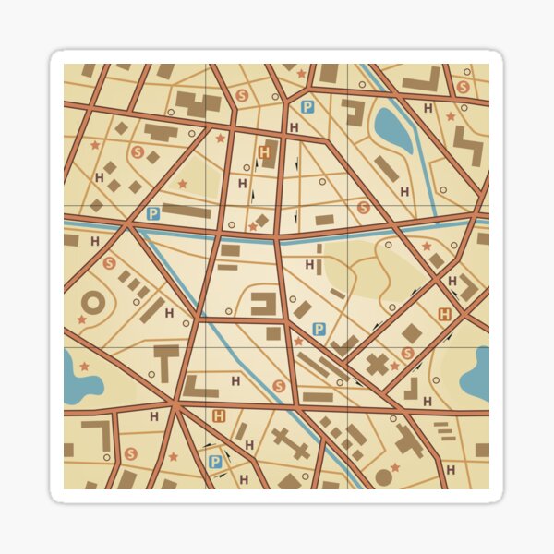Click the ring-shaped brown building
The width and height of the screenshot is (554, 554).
(x=93, y=302)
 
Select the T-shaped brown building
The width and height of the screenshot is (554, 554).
(x=167, y=360)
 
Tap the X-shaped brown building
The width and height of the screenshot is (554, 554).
(x=378, y=363)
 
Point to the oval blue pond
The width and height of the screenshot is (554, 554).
(x=393, y=130)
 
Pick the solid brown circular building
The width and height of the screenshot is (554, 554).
(x=383, y=477)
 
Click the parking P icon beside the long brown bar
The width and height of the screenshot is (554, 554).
(x=153, y=213)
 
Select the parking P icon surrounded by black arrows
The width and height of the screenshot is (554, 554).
(x=215, y=461)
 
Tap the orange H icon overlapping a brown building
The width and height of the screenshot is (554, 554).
(x=266, y=151)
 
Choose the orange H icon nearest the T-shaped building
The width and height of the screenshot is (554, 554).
(x=219, y=415)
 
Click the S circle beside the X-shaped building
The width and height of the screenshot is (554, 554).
(x=407, y=353)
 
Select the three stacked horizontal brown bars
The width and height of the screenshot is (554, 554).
(x=442, y=430)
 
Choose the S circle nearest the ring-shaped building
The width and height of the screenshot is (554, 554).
(x=109, y=263)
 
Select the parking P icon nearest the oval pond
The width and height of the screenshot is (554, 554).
(x=307, y=107)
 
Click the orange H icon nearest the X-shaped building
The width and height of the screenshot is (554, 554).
(x=445, y=314)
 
